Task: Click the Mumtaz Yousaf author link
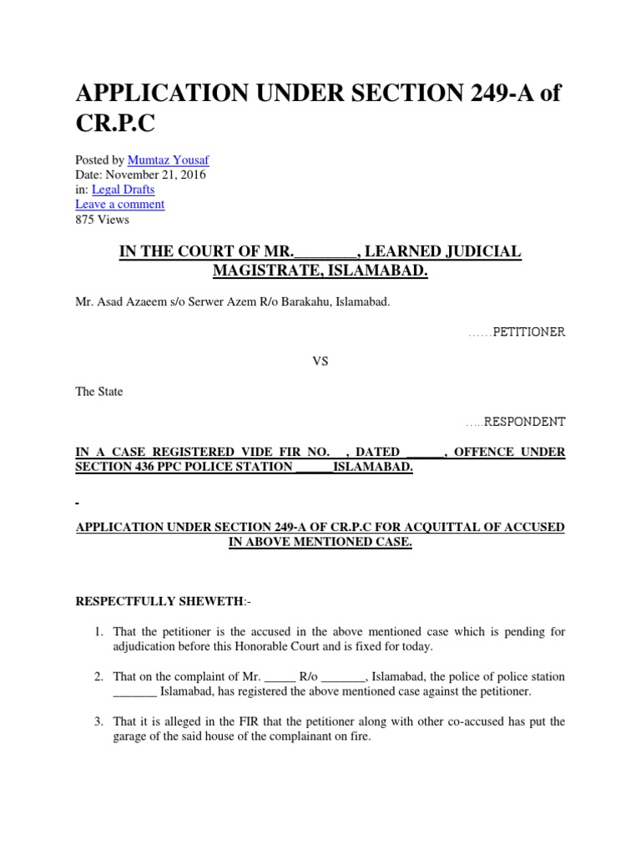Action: [x=163, y=159]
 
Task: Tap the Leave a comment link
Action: [x=119, y=205]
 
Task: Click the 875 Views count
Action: [x=102, y=220]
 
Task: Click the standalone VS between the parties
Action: [x=320, y=362]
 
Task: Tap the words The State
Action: [x=98, y=392]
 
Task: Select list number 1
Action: [x=98, y=632]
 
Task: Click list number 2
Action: [x=98, y=677]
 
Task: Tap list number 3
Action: [x=98, y=722]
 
